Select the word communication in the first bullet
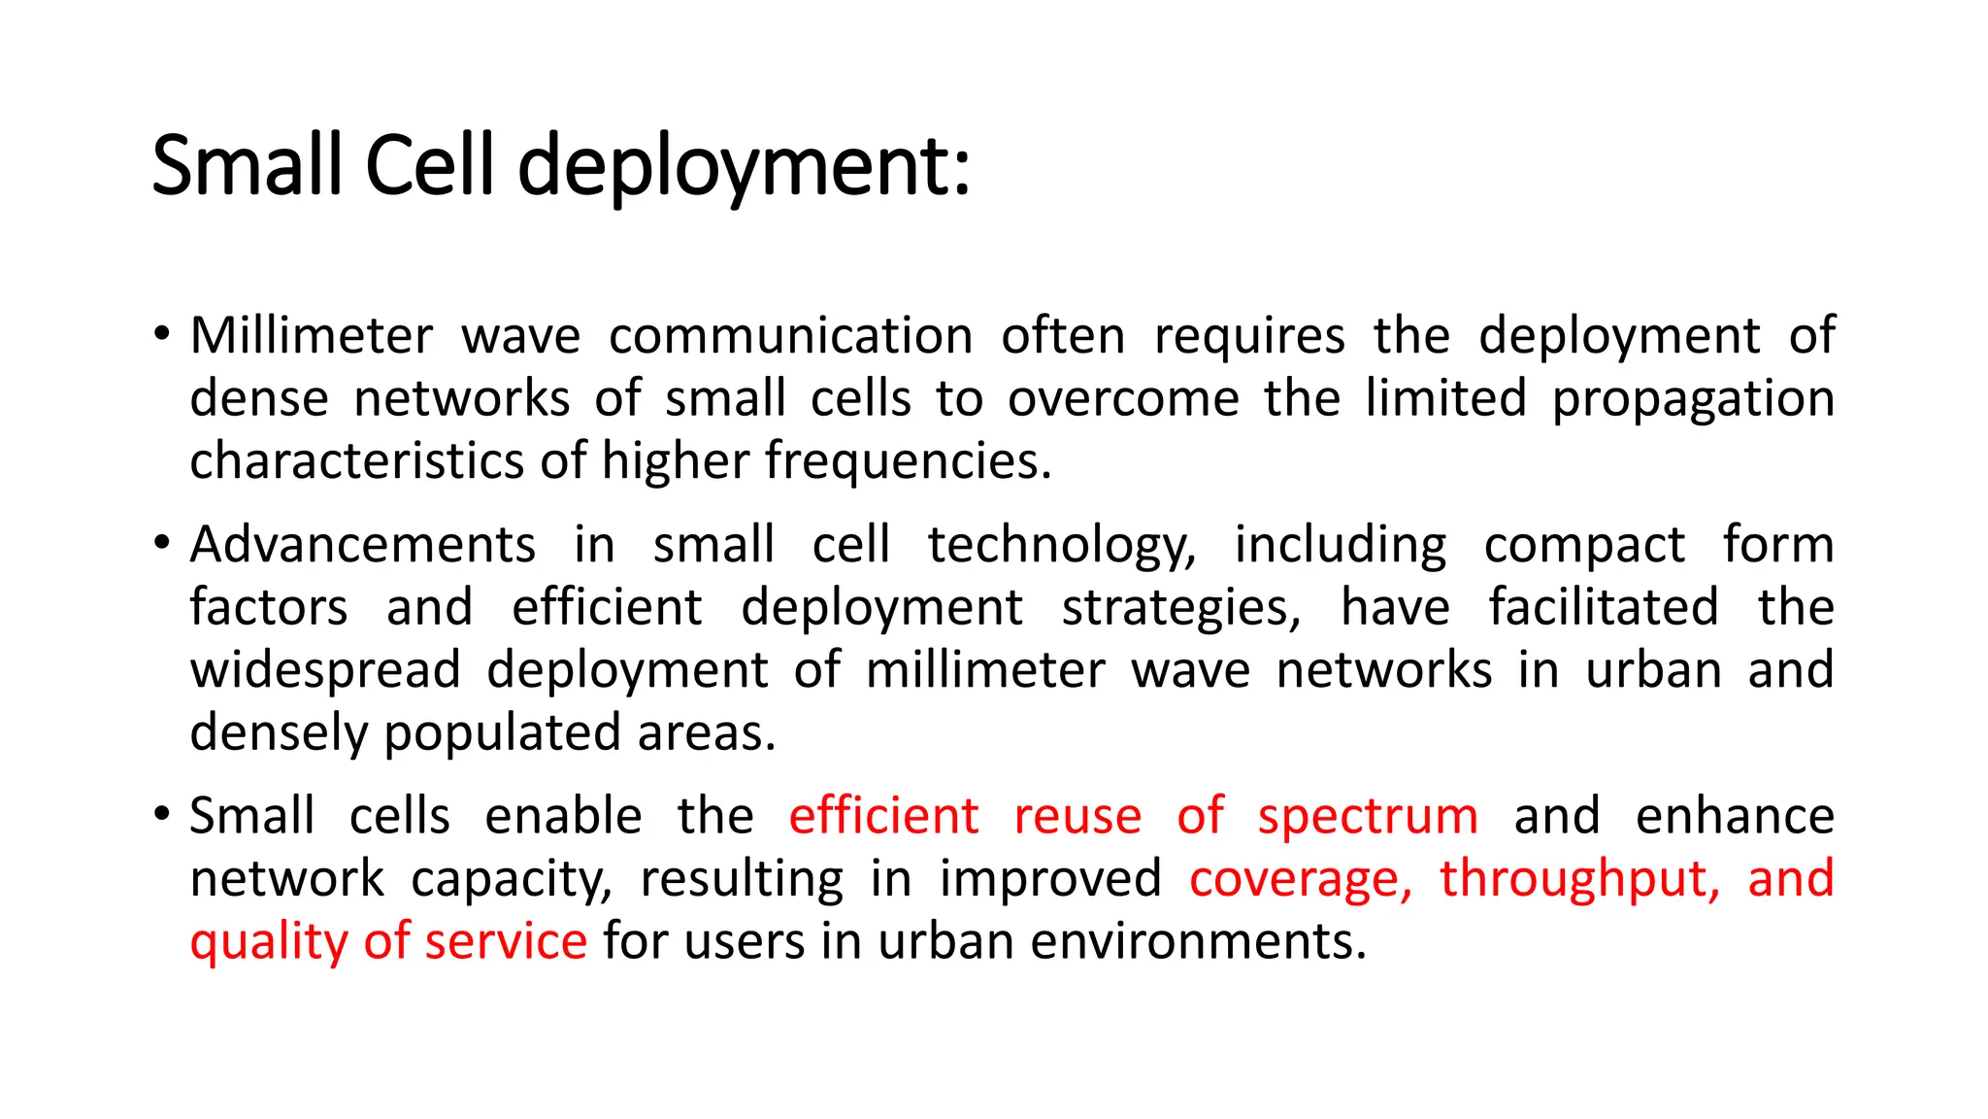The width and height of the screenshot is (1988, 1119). [790, 336]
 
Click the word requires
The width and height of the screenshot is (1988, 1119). [1249, 336]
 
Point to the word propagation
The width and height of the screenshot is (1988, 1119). [1692, 399]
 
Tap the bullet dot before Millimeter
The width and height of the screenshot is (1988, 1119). [162, 335]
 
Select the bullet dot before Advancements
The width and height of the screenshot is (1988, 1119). [162, 543]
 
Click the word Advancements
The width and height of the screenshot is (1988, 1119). [362, 545]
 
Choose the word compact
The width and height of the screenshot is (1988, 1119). [1584, 545]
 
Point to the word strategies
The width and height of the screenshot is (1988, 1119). [1180, 608]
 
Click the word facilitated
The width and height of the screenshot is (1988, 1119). [1604, 608]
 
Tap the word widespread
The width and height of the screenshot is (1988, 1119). [325, 670]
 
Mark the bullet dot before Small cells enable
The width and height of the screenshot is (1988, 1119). [162, 814]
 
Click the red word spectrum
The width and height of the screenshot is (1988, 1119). [1368, 816]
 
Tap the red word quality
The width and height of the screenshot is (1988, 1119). [269, 941]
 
